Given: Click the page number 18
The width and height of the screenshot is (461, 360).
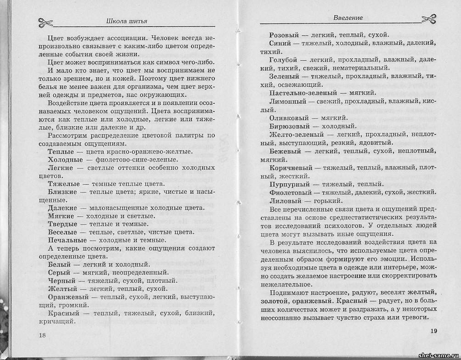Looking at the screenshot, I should [x=42, y=335].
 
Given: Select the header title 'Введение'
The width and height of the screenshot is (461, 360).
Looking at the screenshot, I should [x=348, y=18].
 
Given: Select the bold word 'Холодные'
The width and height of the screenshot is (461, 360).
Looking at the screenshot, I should [x=65, y=159].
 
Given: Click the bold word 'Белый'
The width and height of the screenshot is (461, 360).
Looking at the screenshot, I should [x=60, y=264].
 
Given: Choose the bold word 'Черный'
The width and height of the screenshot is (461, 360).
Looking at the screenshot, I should [x=62, y=281].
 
